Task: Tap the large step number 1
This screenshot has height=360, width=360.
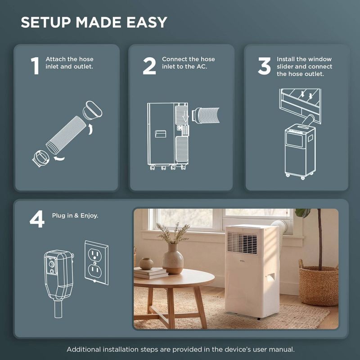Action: click(x=35, y=66)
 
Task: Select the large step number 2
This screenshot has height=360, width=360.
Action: click(x=149, y=66)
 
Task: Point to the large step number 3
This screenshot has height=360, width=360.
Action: click(x=264, y=66)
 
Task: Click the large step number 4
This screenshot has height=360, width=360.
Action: click(x=37, y=219)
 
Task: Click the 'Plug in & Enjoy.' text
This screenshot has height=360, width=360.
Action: click(x=75, y=216)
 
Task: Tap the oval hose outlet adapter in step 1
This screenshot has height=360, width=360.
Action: click(x=93, y=110)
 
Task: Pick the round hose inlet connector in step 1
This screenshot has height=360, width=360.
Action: click(x=41, y=158)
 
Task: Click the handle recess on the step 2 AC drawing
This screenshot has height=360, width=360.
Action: click(x=161, y=134)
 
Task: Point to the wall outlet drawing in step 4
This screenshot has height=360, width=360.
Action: click(x=96, y=263)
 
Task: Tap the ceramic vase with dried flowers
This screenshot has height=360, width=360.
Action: click(x=173, y=259)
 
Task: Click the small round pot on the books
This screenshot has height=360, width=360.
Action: click(x=146, y=264)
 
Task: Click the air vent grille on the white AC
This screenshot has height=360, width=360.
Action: click(x=242, y=243)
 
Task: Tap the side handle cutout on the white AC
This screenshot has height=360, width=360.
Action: click(x=271, y=277)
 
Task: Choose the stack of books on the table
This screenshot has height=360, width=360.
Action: click(x=150, y=274)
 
